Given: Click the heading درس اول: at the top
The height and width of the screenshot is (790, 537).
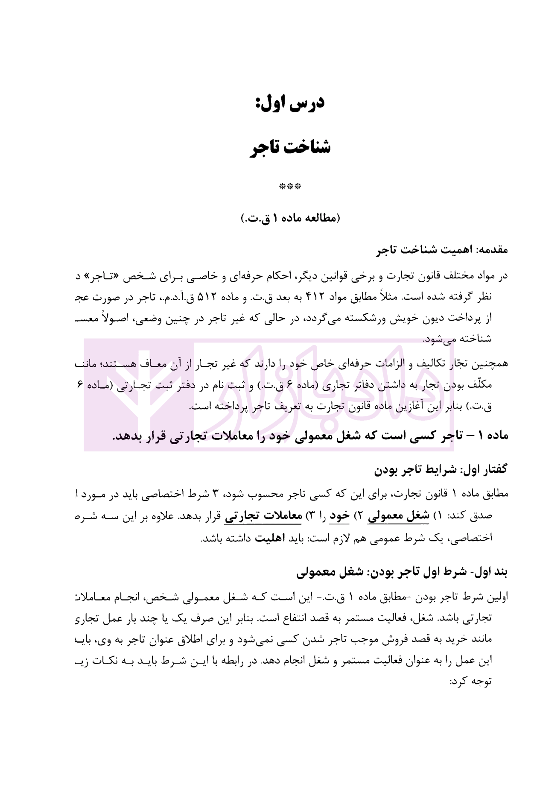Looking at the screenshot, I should coord(290,103).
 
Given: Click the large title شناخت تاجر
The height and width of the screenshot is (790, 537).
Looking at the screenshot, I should coord(290,148).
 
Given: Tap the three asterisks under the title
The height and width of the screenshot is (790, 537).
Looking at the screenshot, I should coord(290,187).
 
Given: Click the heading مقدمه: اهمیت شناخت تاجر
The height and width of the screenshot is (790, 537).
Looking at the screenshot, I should coord(442,250).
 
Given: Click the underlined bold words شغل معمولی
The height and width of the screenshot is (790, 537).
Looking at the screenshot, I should coord(405,516).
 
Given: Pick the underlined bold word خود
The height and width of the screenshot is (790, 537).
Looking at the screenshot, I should coord(339,516).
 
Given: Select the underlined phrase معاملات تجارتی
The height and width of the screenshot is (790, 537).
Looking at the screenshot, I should coord(263,516).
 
